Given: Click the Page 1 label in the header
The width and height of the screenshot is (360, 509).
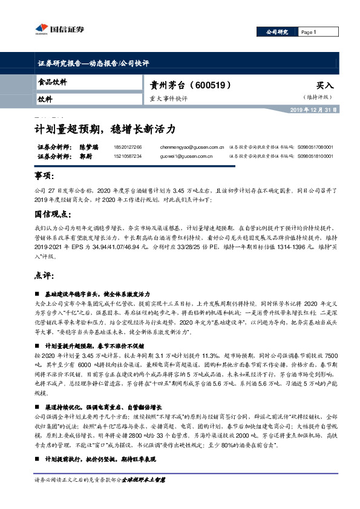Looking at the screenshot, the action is [322, 32].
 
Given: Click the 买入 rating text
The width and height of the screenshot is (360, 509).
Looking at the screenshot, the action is [325, 86].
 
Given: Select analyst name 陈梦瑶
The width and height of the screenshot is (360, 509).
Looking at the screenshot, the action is [71, 147].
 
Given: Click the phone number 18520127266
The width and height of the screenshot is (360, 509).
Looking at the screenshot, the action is [127, 147].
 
